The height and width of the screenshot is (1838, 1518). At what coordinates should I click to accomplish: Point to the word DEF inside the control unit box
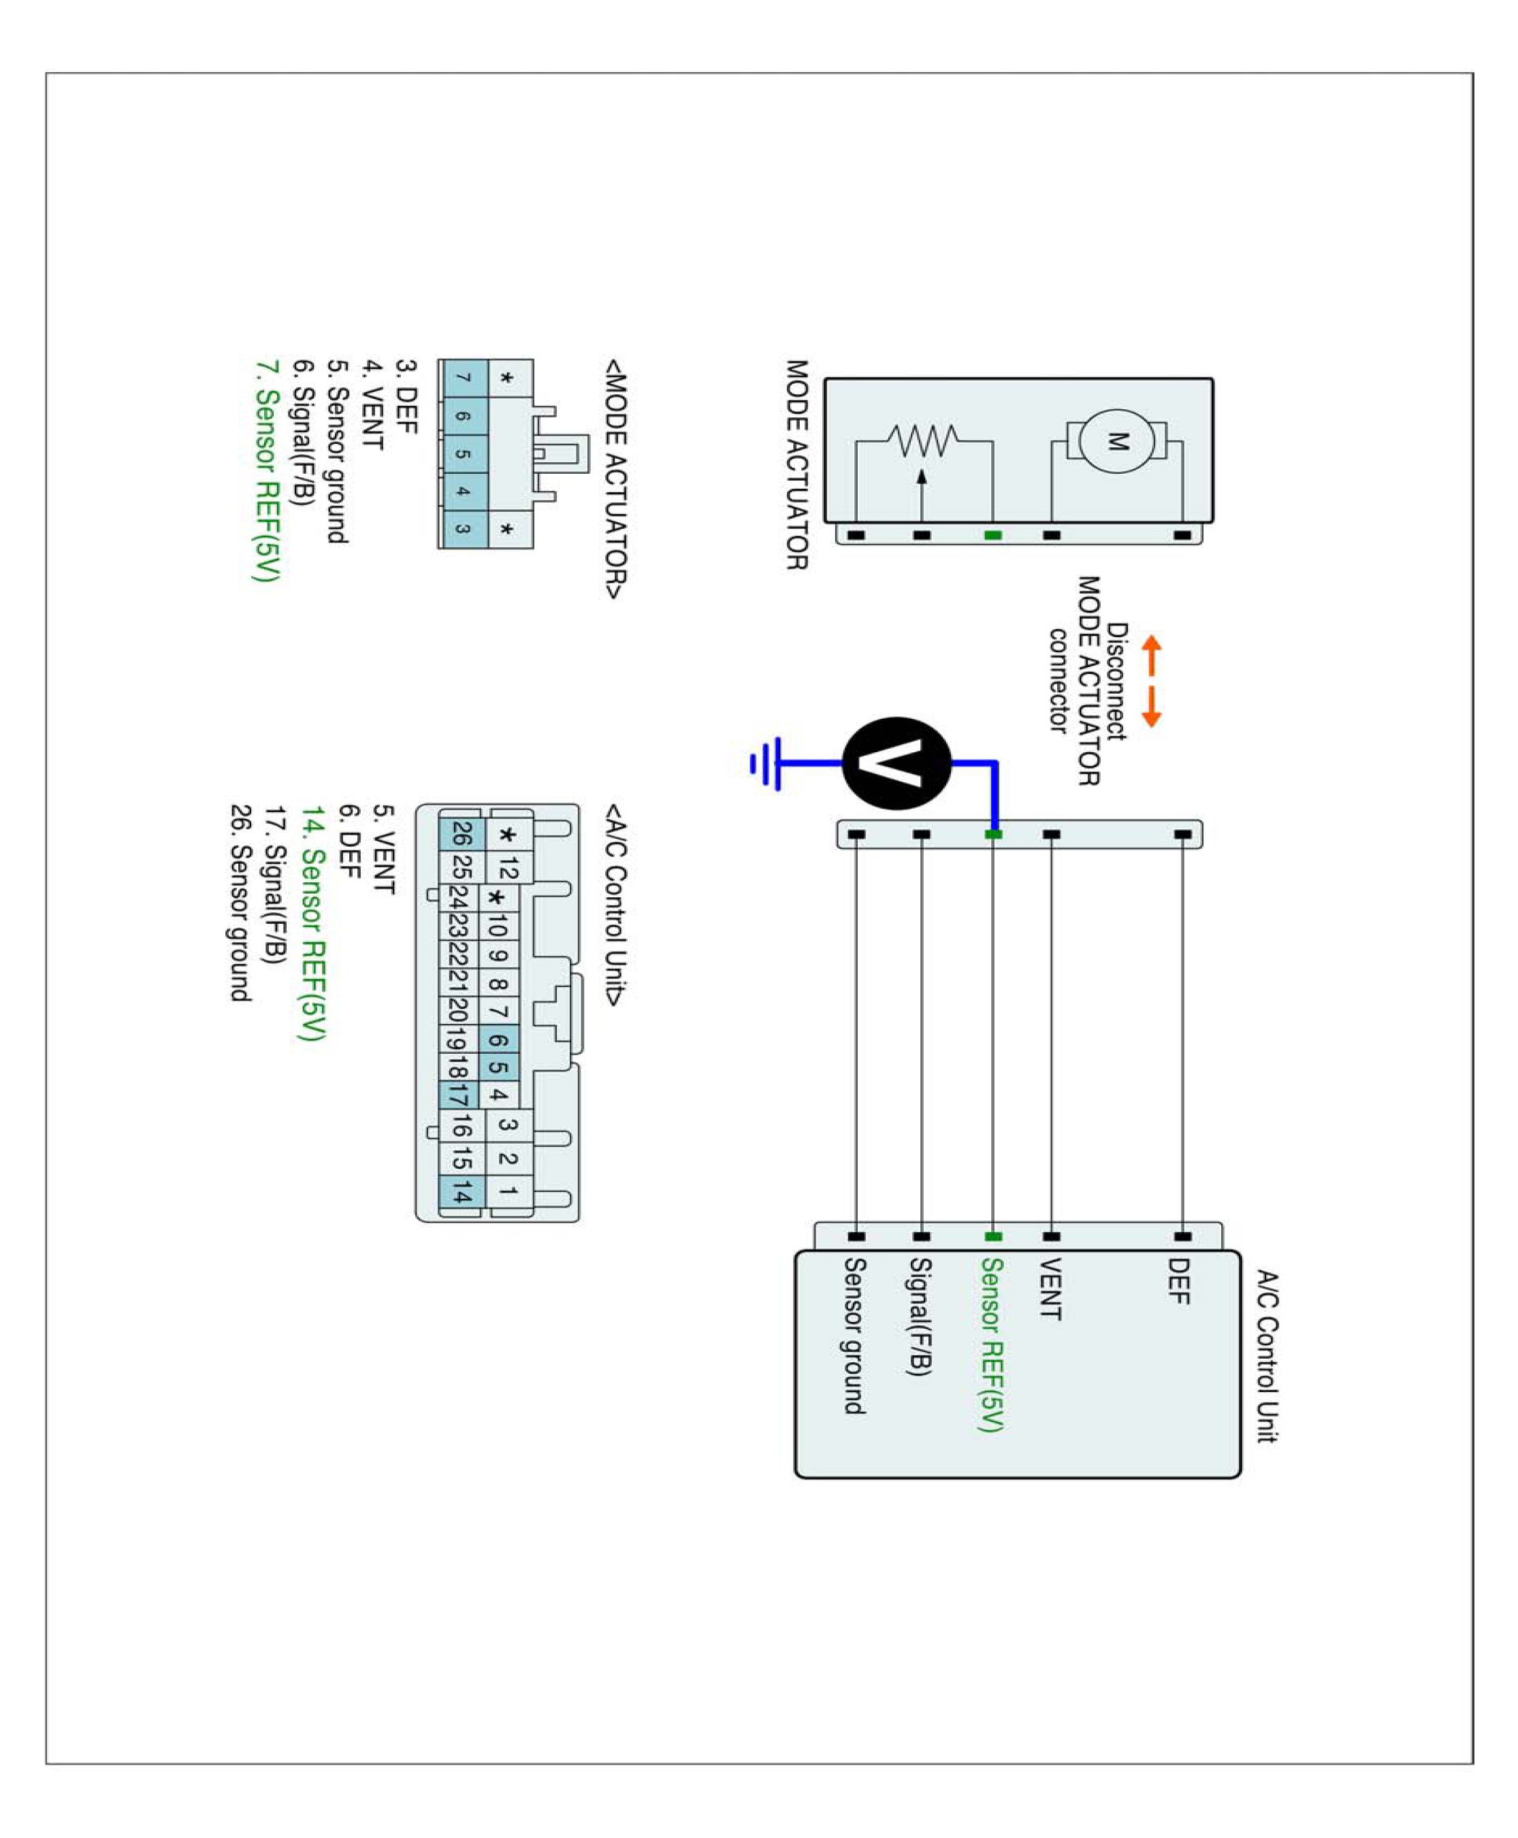point(1179,1281)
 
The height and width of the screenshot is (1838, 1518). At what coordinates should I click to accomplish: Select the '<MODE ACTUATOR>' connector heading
point(615,479)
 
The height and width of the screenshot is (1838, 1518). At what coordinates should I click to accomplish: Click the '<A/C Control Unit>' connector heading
point(615,905)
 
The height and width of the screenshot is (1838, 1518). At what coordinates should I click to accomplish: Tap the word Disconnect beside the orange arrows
point(1116,681)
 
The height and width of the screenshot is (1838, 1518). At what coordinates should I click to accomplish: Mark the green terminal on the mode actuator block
point(992,535)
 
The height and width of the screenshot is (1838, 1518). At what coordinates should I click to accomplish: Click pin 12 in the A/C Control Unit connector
point(508,868)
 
